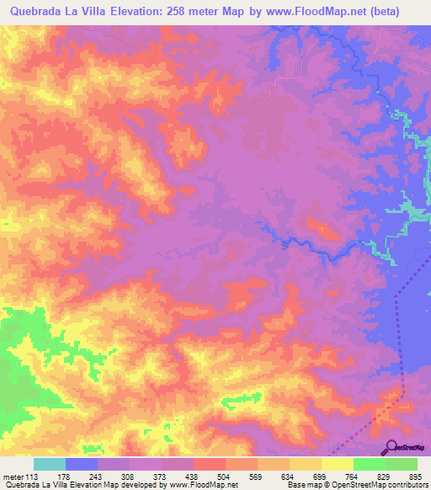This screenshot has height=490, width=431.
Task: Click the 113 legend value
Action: [x=32, y=476]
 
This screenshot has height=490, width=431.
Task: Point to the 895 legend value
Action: [x=414, y=476]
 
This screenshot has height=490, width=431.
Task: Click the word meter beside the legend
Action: [x=13, y=476]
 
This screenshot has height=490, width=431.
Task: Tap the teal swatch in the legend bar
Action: [x=50, y=464]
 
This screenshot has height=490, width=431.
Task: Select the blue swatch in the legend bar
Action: [x=82, y=464]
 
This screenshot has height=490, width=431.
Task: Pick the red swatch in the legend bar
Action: [x=210, y=464]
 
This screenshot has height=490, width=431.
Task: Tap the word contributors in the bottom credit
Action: [x=405, y=485]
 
